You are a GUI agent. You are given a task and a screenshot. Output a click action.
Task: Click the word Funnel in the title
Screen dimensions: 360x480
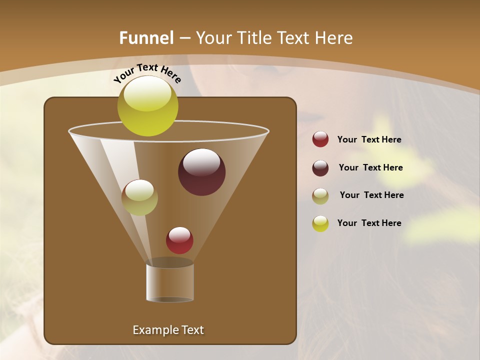click(146, 38)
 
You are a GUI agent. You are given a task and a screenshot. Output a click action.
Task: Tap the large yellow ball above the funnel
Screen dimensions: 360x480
click(147, 106)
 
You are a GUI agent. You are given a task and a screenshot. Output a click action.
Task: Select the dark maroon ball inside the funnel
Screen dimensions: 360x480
click(201, 172)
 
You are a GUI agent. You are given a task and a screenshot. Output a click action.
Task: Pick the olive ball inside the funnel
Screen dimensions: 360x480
click(139, 197)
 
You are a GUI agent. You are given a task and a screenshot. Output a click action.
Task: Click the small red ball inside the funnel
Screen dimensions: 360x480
click(179, 240)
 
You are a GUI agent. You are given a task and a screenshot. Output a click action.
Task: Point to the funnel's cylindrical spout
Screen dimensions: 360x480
click(169, 282)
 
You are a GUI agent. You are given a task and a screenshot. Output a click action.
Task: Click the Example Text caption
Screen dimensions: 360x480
click(168, 330)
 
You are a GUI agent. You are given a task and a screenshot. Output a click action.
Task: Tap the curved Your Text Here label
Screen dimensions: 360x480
click(147, 73)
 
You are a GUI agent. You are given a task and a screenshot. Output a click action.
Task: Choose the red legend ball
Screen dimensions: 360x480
click(320, 139)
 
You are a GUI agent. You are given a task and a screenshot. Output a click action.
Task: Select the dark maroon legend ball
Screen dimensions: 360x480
click(320, 167)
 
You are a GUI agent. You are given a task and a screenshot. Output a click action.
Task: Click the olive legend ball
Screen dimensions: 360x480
click(320, 195)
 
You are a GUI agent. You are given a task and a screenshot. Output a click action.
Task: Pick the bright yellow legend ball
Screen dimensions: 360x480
click(320, 223)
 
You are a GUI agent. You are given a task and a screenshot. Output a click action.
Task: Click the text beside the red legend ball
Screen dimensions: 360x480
click(369, 140)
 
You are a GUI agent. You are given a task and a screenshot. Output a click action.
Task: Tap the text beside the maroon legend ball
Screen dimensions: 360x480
click(370, 167)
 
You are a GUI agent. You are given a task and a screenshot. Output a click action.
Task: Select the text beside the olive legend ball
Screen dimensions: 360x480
click(371, 195)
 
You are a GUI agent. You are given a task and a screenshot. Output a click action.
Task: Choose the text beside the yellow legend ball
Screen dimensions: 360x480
click(369, 223)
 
